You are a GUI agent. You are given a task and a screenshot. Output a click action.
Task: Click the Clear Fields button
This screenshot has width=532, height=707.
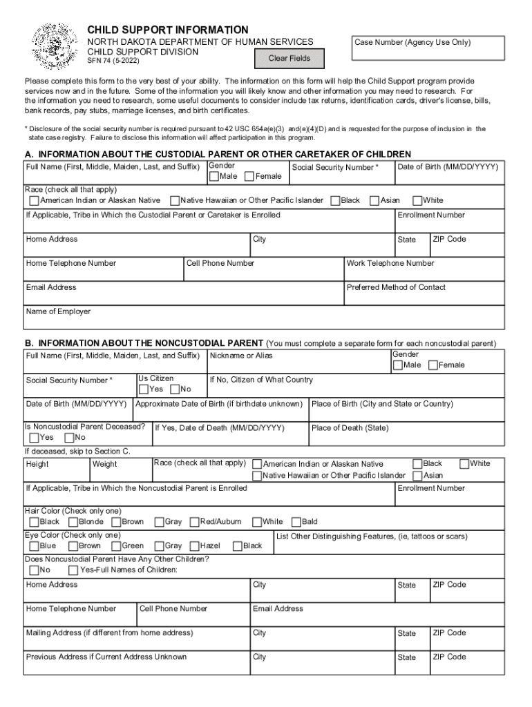(289, 59)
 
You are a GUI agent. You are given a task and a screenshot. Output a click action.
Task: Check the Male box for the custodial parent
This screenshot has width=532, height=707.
(214, 177)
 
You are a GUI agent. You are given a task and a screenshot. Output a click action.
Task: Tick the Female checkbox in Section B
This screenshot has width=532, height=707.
(433, 365)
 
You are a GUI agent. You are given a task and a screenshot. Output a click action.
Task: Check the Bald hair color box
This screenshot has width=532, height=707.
(296, 522)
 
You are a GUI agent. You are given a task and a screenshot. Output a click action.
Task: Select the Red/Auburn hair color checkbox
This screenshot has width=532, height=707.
(194, 522)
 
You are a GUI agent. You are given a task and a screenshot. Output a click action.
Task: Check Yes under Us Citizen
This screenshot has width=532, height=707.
(144, 389)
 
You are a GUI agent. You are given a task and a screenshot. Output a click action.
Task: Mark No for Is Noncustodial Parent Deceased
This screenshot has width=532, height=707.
(69, 438)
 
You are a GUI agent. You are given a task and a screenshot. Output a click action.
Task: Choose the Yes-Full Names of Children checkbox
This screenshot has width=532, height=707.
(74, 570)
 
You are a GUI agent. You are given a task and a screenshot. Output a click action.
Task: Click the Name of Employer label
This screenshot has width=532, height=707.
(58, 311)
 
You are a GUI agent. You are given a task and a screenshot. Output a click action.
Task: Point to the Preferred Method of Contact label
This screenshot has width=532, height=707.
(396, 287)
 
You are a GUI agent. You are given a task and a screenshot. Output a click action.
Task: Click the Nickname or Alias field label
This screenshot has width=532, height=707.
(241, 356)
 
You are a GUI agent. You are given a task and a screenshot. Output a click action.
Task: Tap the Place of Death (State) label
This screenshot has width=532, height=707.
(350, 428)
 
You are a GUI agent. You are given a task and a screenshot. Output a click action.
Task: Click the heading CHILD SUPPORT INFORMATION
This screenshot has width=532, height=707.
(167, 30)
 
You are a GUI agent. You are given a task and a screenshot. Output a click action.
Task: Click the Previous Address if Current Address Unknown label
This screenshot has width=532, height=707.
(106, 657)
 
